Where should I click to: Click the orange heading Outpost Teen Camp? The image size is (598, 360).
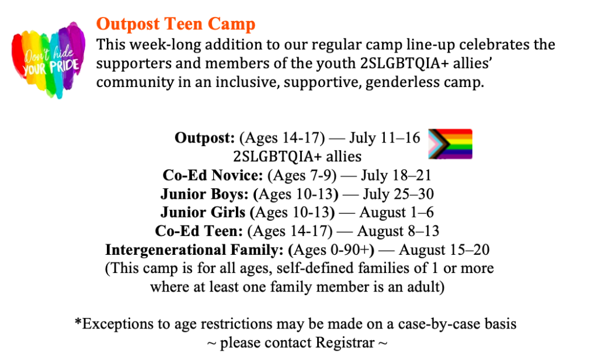(x=175, y=24)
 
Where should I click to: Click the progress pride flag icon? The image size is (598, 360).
(x=450, y=144)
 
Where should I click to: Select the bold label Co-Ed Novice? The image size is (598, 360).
(x=213, y=175)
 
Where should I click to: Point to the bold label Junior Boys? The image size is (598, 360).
(x=204, y=194)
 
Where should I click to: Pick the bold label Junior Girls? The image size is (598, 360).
(x=203, y=212)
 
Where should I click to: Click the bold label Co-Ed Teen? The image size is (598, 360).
(x=199, y=231)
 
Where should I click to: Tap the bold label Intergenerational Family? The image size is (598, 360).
(x=194, y=250)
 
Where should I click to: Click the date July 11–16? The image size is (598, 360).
(x=384, y=138)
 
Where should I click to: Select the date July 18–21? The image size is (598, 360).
(x=396, y=175)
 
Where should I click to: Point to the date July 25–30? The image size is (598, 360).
(x=398, y=194)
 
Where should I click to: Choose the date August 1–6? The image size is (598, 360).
(x=397, y=213)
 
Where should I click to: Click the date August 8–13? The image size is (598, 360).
(x=398, y=231)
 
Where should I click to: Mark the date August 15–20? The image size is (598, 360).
(x=444, y=250)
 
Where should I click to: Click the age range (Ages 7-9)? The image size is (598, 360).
(x=302, y=175)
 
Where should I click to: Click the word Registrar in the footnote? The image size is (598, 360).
(x=345, y=343)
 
